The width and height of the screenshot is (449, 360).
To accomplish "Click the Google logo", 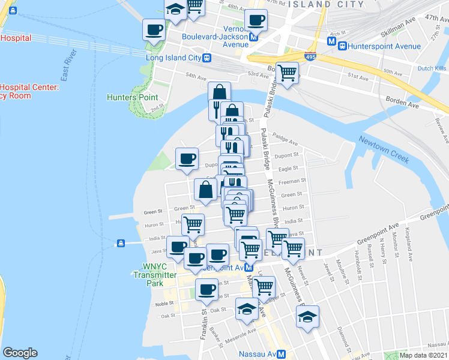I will tap(20, 353).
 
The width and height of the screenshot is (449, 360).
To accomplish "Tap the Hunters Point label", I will tap(132, 97).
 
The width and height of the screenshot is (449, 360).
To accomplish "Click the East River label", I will tap(70, 71).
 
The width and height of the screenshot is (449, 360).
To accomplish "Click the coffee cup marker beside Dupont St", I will tap(187, 159).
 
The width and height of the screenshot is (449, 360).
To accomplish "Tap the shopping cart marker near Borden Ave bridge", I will tap(288, 73).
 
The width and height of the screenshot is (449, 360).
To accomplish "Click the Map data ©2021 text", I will tap(423, 355).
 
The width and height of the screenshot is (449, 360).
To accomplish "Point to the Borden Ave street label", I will tap(402, 103).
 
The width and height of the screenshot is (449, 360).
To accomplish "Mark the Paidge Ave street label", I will tap(285, 140).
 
